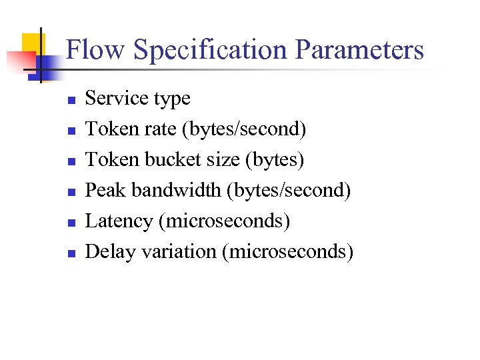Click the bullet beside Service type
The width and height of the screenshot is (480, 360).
71,101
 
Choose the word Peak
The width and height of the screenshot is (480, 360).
107,191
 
